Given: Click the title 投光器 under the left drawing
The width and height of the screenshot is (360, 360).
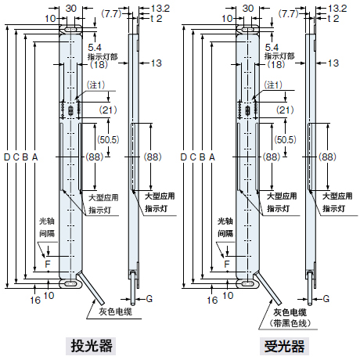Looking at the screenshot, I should pyautogui.click(x=89, y=345).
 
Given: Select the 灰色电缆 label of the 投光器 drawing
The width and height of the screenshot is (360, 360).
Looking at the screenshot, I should pyautogui.click(x=115, y=311).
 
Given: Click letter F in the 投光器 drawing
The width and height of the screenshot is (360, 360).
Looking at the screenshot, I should pyautogui.click(x=48, y=264).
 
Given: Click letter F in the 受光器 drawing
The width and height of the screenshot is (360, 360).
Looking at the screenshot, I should pyautogui.click(x=225, y=264).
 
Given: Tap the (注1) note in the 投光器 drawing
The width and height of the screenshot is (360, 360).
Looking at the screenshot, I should pyautogui.click(x=95, y=85).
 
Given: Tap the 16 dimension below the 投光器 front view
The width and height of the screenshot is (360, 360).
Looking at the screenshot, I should pyautogui.click(x=34, y=299).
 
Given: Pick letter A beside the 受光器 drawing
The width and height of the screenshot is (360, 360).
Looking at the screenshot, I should pyautogui.click(x=212, y=157).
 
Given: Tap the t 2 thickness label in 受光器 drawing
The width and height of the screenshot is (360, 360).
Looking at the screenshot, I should pyautogui.click(x=332, y=19).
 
